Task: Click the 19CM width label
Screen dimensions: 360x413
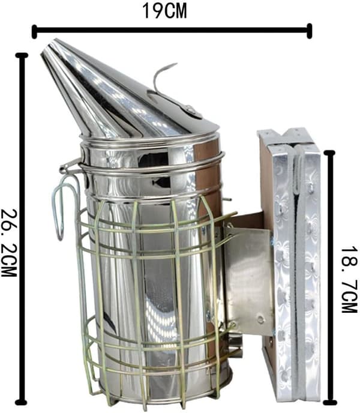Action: tap(164, 11)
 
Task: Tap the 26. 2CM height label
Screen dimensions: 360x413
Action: tap(9, 243)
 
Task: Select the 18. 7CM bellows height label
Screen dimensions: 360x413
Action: tap(350, 280)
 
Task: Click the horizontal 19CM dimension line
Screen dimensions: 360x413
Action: tap(172, 30)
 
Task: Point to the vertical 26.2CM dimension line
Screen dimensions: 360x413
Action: tap(22, 229)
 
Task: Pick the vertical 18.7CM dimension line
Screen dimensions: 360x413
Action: tap(330, 278)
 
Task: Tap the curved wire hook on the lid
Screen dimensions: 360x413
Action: tap(161, 76)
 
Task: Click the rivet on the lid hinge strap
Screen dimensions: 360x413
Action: tap(190, 109)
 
